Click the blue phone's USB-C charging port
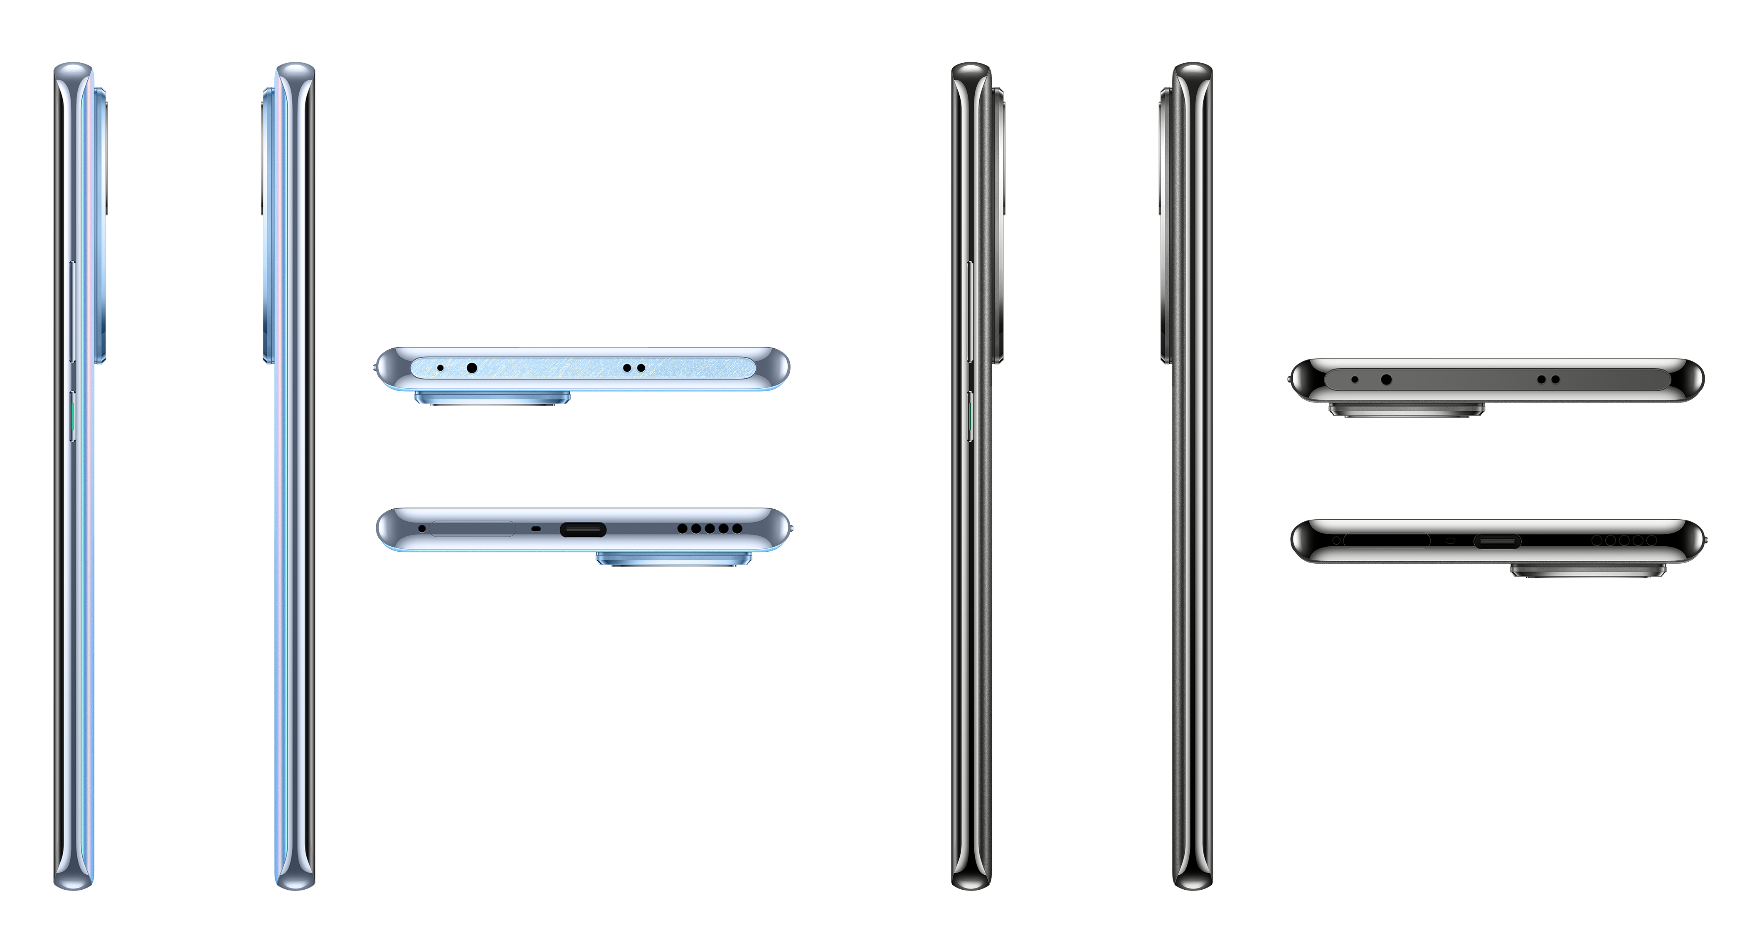coord(583,529)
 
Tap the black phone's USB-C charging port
coord(1497,541)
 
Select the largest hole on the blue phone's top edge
coord(472,368)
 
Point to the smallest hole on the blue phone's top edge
coord(440,368)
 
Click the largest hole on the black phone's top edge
coord(1386,379)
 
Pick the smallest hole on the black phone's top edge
coord(1354,379)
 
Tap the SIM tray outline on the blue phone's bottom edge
coord(472,528)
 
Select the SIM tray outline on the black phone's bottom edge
coord(1387,540)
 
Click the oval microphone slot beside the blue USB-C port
coord(535,529)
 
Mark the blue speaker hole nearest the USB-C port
coord(682,529)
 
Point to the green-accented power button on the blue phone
coord(72,416)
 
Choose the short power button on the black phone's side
coord(970,416)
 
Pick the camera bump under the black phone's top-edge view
coord(1406,409)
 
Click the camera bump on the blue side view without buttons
coord(267,226)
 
